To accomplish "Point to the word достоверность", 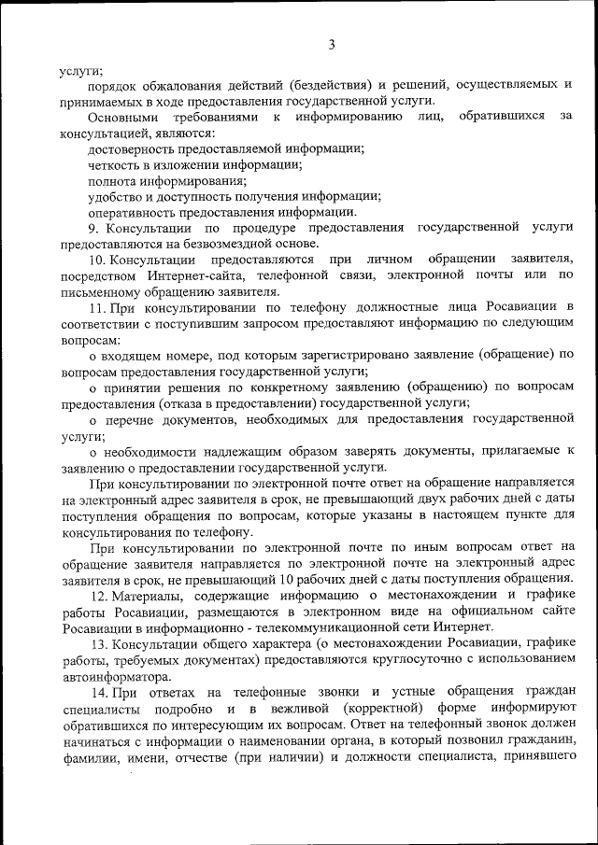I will point(132,148).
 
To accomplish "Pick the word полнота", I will point(111,180).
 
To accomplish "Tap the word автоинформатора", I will point(116,675).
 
